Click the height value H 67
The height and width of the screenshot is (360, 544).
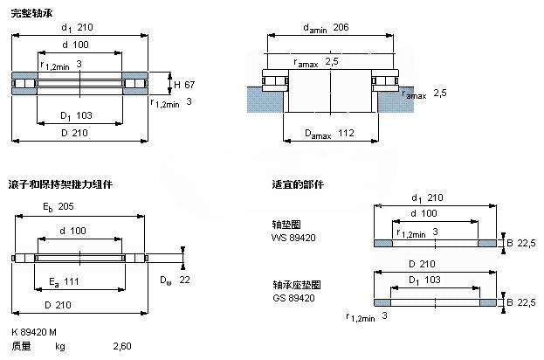183,85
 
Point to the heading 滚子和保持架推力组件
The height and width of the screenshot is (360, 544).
60,185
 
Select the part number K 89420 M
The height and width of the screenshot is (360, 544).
34,334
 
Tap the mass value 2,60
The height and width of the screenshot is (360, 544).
124,346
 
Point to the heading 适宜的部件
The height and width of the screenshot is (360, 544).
298,185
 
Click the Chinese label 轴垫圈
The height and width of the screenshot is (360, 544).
286,225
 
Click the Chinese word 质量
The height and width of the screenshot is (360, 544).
22,346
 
